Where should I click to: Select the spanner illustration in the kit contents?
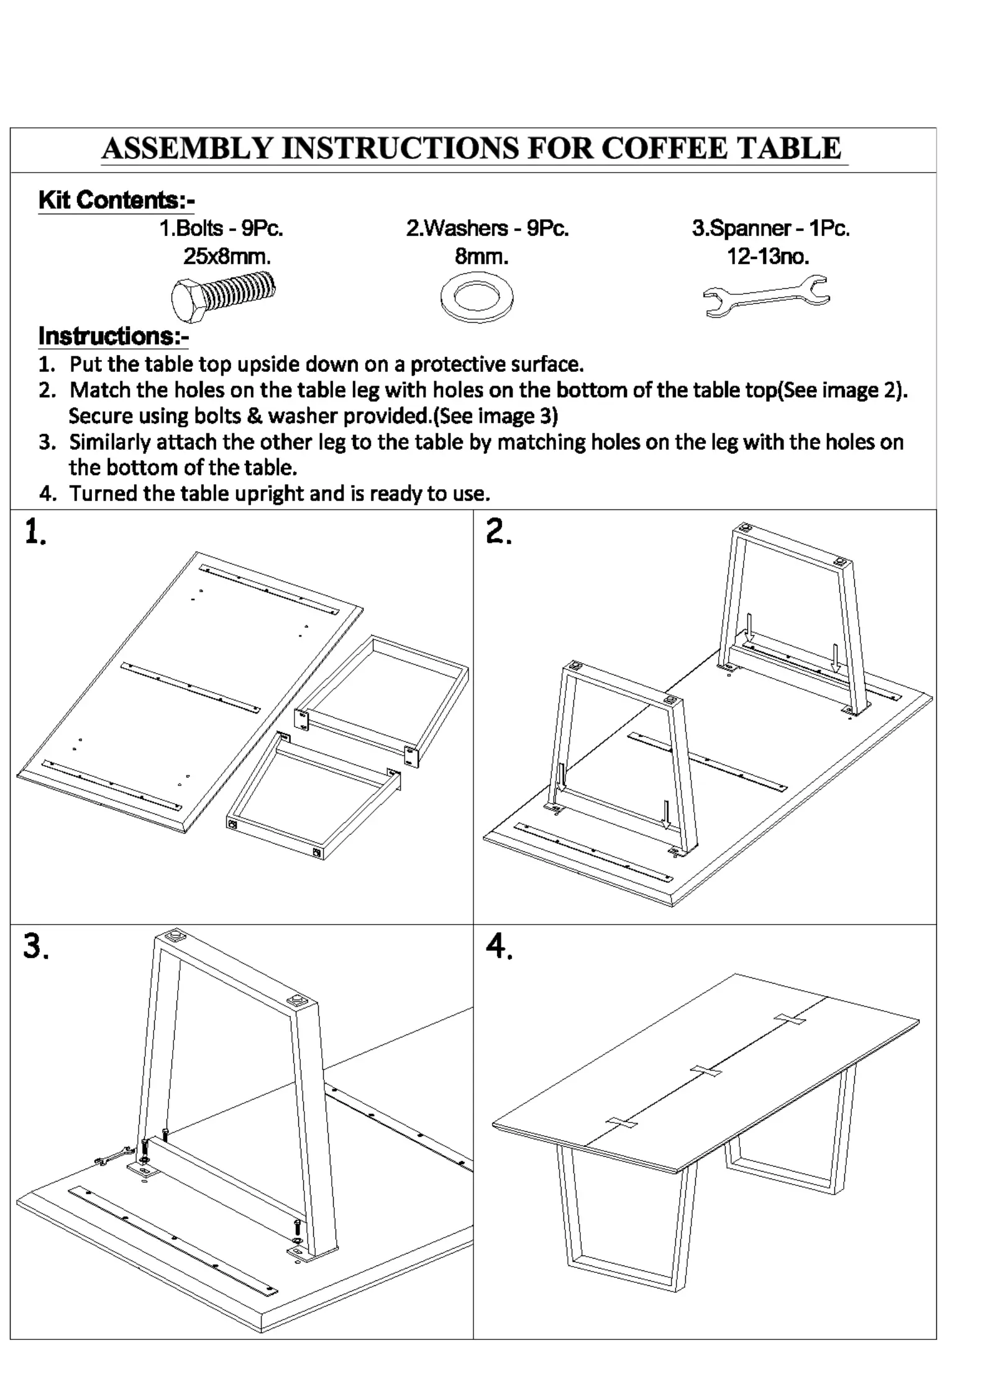(766, 296)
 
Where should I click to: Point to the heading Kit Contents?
(117, 201)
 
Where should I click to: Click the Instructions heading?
(114, 337)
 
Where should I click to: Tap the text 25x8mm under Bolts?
(227, 256)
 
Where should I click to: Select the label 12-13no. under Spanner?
(768, 256)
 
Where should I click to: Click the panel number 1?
(35, 533)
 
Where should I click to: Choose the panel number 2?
(498, 533)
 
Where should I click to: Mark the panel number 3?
(35, 947)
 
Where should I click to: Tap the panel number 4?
(499, 947)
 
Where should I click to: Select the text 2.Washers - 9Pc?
(488, 229)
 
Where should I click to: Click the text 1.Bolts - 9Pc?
(221, 229)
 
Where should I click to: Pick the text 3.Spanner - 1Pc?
(770, 229)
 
